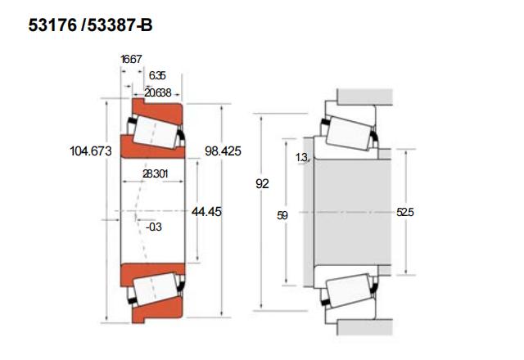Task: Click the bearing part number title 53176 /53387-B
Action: pyautogui.click(x=90, y=25)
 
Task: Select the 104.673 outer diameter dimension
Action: pyautogui.click(x=91, y=151)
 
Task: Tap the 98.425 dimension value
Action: pyautogui.click(x=223, y=151)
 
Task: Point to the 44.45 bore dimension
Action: pyautogui.click(x=206, y=212)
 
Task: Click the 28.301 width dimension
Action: pyautogui.click(x=155, y=173)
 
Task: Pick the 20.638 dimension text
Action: pyautogui.click(x=157, y=92)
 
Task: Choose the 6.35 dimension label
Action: pyautogui.click(x=157, y=75)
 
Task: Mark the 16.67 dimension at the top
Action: pyautogui.click(x=131, y=59)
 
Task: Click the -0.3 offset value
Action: pyautogui.click(x=153, y=227)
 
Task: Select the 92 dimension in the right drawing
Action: pyautogui.click(x=262, y=184)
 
